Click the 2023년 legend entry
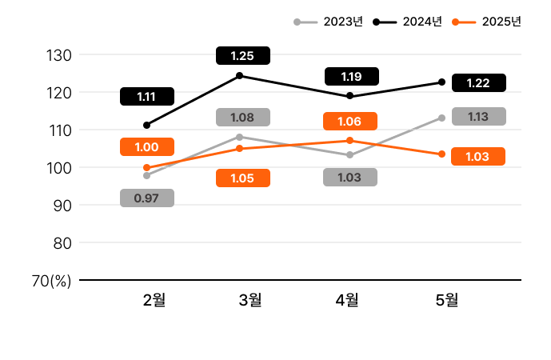[329, 22]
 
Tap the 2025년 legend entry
[487, 22]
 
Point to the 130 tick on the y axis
[62, 55]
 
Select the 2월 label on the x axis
[154, 300]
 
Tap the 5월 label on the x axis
[447, 300]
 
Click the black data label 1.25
[242, 56]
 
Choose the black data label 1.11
[146, 97]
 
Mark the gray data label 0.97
[146, 198]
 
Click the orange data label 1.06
[349, 122]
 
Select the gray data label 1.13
[478, 117]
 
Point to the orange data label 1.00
[146, 147]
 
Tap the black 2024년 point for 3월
[240, 76]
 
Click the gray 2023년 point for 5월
[441, 118]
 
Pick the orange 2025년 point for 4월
[349, 141]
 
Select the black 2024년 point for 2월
[146, 125]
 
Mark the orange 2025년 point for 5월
[441, 154]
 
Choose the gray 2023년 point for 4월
[349, 155]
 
